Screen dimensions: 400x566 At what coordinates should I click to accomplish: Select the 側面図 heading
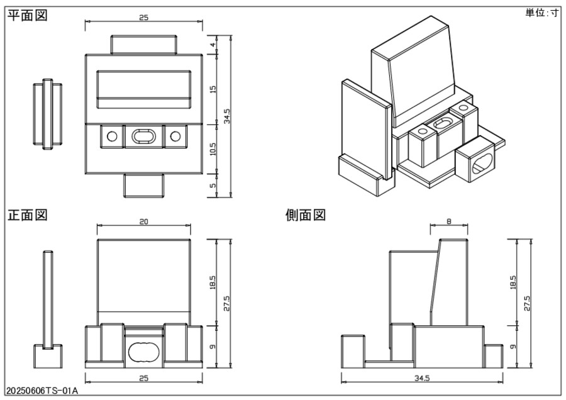pos(306,215)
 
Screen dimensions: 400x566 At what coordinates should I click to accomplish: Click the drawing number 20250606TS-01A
pos(42,391)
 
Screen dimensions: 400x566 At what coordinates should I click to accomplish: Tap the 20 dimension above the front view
pos(144,222)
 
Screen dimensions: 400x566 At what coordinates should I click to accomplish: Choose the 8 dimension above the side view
pos(449,222)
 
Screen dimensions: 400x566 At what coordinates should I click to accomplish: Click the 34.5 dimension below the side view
pos(422,379)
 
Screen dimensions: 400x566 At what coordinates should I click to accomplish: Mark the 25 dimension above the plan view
pos(144,18)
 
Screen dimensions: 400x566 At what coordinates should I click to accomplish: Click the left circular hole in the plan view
pos(112,136)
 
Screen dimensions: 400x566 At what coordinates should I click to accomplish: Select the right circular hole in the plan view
pos(175,136)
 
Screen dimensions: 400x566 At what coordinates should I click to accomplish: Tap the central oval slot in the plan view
pos(143,136)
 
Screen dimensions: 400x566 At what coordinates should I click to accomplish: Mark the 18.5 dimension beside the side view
pos(514,282)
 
